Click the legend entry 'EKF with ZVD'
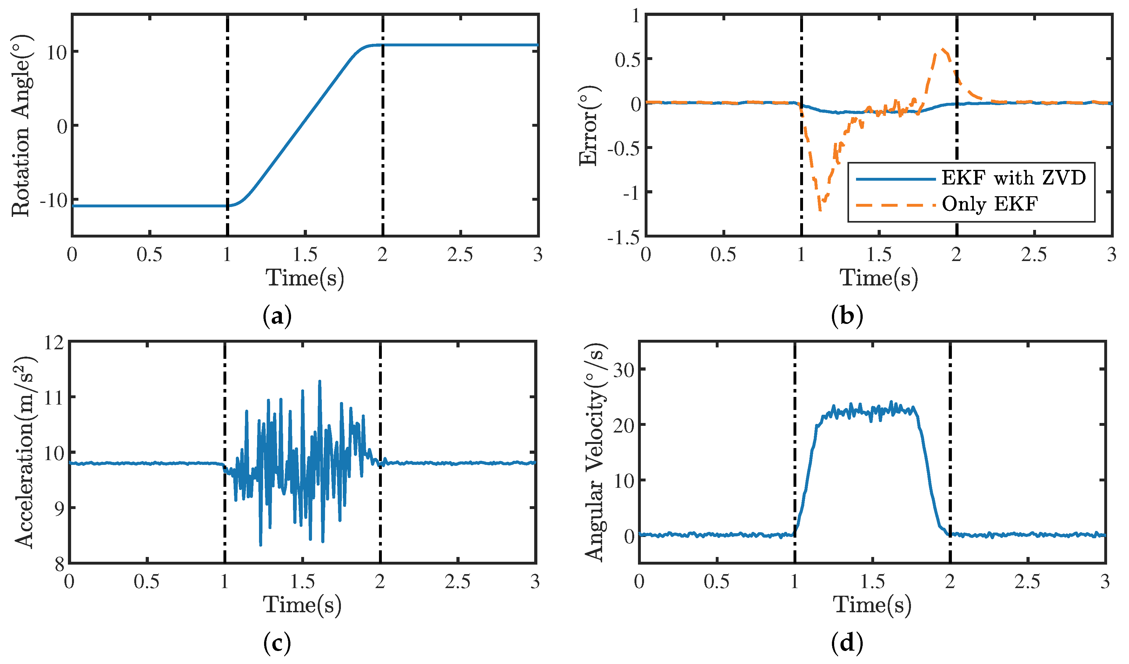1013,178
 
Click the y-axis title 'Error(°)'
588,125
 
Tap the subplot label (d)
847,643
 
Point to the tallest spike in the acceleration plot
319,381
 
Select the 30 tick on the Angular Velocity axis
624,370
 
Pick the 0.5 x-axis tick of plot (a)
149,255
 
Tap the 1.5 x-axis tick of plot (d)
872,582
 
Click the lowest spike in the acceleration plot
261,545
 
